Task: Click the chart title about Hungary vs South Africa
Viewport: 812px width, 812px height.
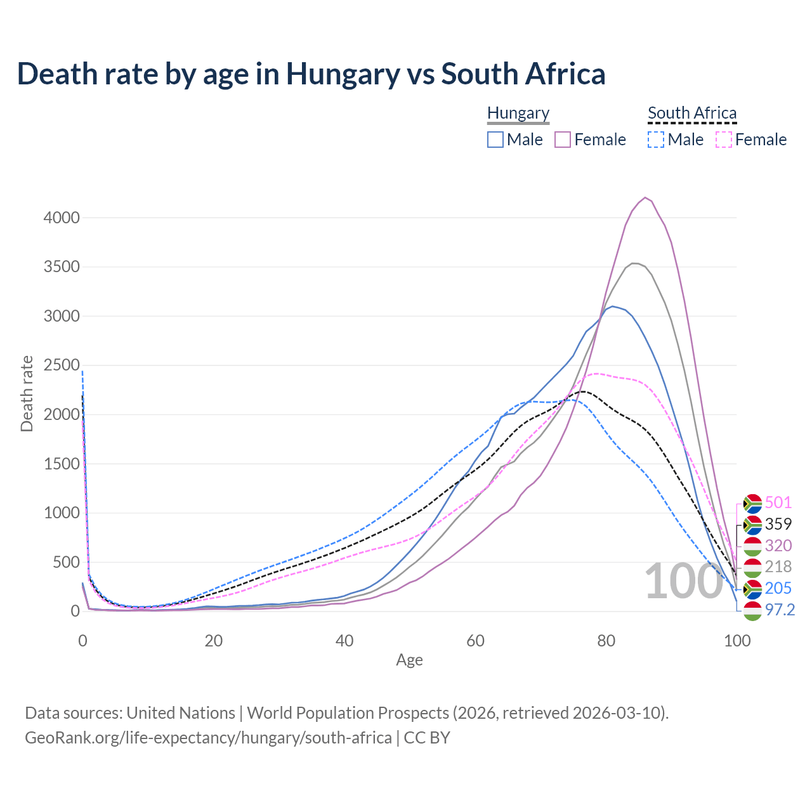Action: pos(311,74)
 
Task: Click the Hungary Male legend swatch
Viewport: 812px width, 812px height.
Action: pos(495,140)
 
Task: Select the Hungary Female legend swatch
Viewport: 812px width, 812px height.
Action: pos(563,140)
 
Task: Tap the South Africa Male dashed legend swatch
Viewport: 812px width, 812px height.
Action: pos(656,140)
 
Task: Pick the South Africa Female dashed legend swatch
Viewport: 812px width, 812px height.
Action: pos(723,140)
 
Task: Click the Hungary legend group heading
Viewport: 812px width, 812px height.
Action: pos(518,114)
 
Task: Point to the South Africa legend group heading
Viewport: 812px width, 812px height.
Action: pos(692,114)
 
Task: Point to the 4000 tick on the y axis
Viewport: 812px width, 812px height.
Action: pos(62,218)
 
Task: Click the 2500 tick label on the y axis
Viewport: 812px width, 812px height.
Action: pos(62,365)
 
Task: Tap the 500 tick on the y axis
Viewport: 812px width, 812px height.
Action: pos(66,562)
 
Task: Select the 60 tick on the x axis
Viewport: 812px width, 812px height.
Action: pos(475,641)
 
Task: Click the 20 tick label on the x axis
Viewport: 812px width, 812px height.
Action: pos(214,641)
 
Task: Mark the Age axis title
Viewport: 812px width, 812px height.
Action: pos(409,660)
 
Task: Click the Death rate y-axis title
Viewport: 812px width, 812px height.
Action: pos(27,394)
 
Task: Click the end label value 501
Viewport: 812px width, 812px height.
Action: pos(778,503)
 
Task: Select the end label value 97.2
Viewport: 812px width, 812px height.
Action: pos(780,610)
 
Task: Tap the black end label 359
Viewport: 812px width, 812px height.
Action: pos(778,524)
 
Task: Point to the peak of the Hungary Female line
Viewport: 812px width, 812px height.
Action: pos(645,198)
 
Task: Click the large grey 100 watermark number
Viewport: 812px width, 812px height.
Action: pos(684,582)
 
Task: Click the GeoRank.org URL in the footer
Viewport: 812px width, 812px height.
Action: pos(208,738)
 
